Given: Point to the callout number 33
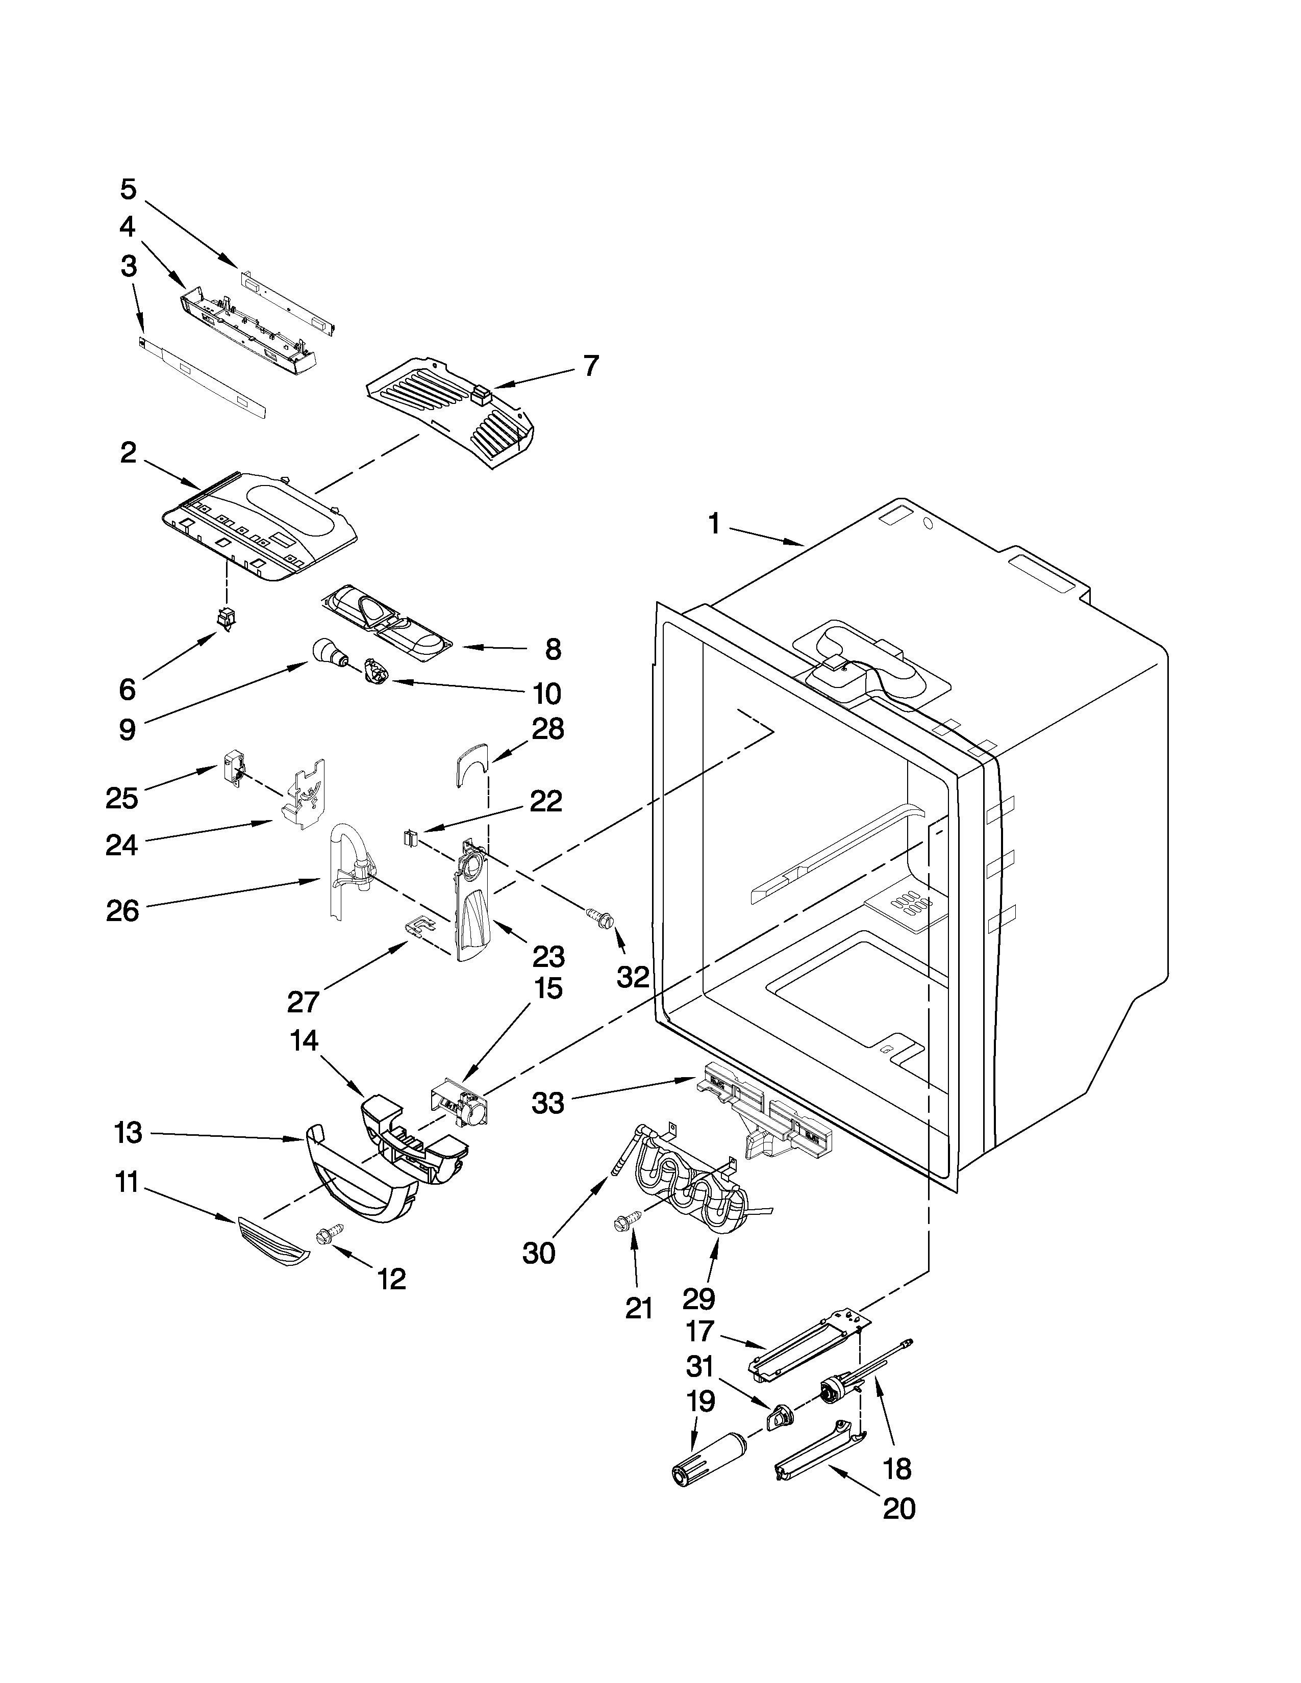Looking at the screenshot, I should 548,1104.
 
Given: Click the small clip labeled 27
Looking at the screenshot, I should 418,924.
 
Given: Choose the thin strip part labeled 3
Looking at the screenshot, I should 203,377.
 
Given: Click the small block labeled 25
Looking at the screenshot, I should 233,768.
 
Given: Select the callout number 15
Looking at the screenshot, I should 548,989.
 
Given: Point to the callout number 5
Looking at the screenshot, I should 128,189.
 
